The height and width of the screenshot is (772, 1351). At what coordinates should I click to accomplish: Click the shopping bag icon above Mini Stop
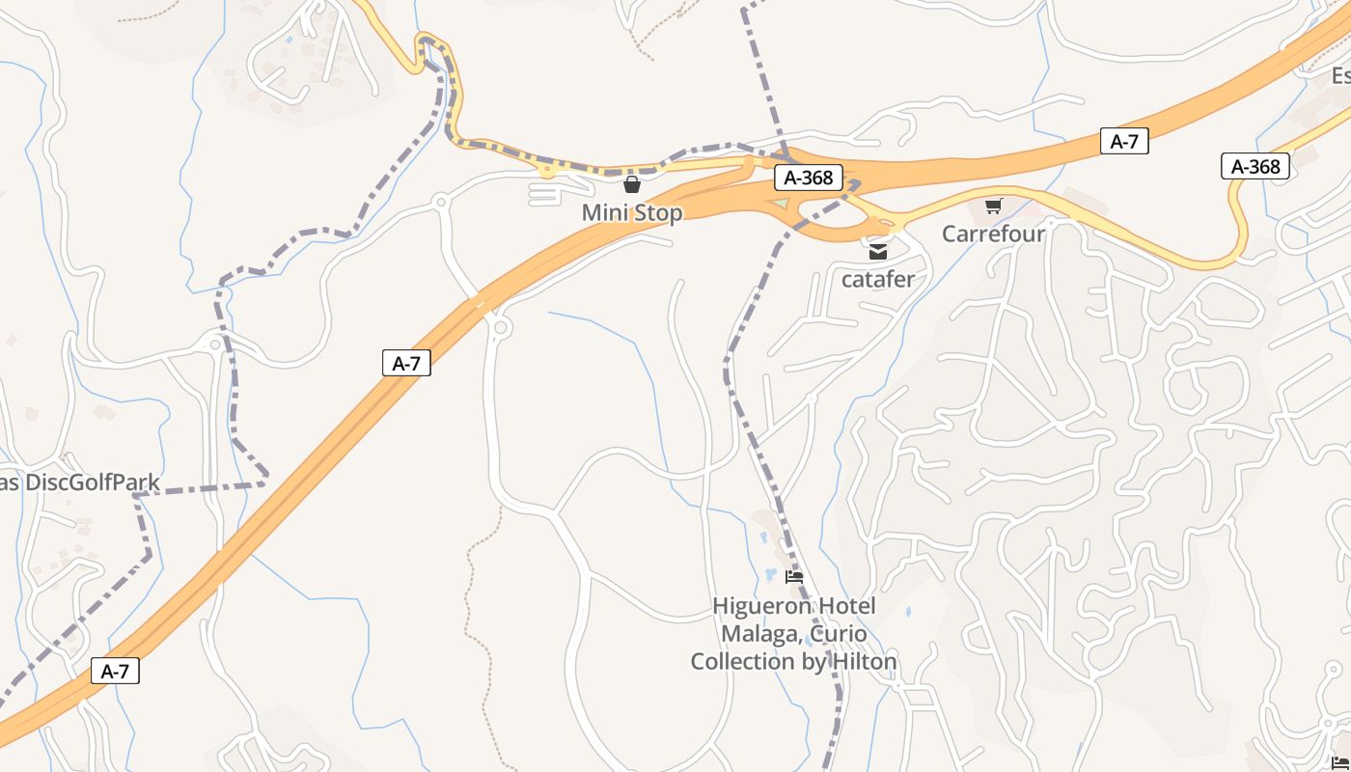(632, 183)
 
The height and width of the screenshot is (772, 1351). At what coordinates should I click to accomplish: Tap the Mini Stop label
(632, 212)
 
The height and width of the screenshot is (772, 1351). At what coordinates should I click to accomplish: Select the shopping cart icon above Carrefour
(993, 206)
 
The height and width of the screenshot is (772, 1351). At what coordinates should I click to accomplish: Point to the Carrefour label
(993, 234)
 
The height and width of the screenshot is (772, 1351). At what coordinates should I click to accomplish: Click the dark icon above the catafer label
(878, 252)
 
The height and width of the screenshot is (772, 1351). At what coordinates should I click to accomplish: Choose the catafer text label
(878, 280)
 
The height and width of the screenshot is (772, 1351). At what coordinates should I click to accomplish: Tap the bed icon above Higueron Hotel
(794, 577)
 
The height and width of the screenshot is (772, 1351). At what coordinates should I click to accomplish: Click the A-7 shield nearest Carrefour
(1124, 142)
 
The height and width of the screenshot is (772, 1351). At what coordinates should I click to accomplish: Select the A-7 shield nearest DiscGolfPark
(115, 671)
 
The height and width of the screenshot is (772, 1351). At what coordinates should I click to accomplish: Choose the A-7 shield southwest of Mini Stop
(406, 363)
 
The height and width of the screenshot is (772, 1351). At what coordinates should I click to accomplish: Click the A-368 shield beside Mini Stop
(808, 178)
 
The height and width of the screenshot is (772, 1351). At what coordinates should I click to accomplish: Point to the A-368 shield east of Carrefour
(1255, 166)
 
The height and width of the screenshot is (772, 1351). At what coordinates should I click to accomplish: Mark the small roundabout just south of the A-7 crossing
(500, 328)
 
